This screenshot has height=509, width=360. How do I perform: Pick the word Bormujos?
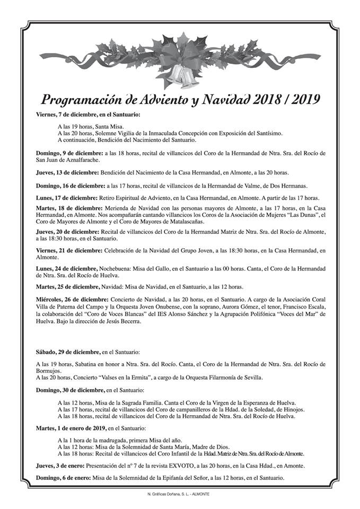[x=52, y=371]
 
